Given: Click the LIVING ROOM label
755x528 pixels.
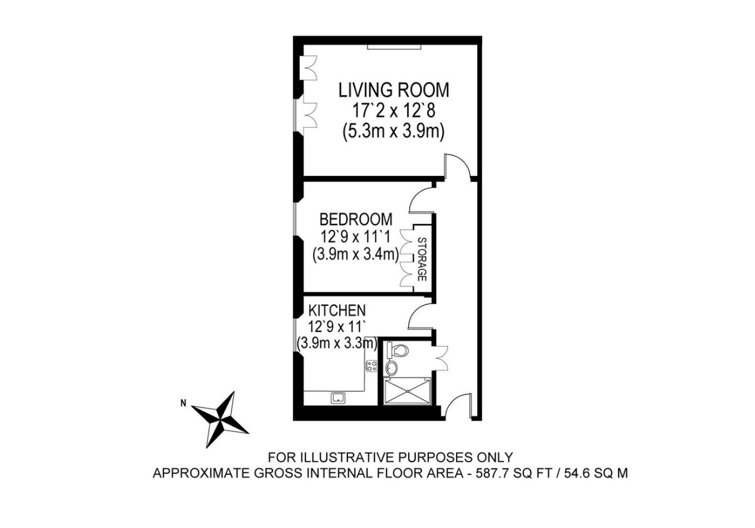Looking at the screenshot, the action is click(394, 90).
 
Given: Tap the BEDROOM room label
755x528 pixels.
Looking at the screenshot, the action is click(356, 219).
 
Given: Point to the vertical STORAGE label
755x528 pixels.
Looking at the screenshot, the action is click(422, 259).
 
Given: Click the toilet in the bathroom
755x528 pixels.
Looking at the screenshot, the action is click(397, 350).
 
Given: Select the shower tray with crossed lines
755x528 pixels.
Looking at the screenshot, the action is click(408, 391).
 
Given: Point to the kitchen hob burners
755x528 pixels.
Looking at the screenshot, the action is click(372, 366).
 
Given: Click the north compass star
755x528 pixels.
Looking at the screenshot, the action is click(220, 419).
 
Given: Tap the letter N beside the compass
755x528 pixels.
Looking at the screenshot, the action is click(183, 403).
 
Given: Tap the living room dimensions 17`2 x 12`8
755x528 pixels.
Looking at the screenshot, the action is click(394, 111).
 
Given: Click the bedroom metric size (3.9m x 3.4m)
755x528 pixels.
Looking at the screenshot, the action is click(355, 254).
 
